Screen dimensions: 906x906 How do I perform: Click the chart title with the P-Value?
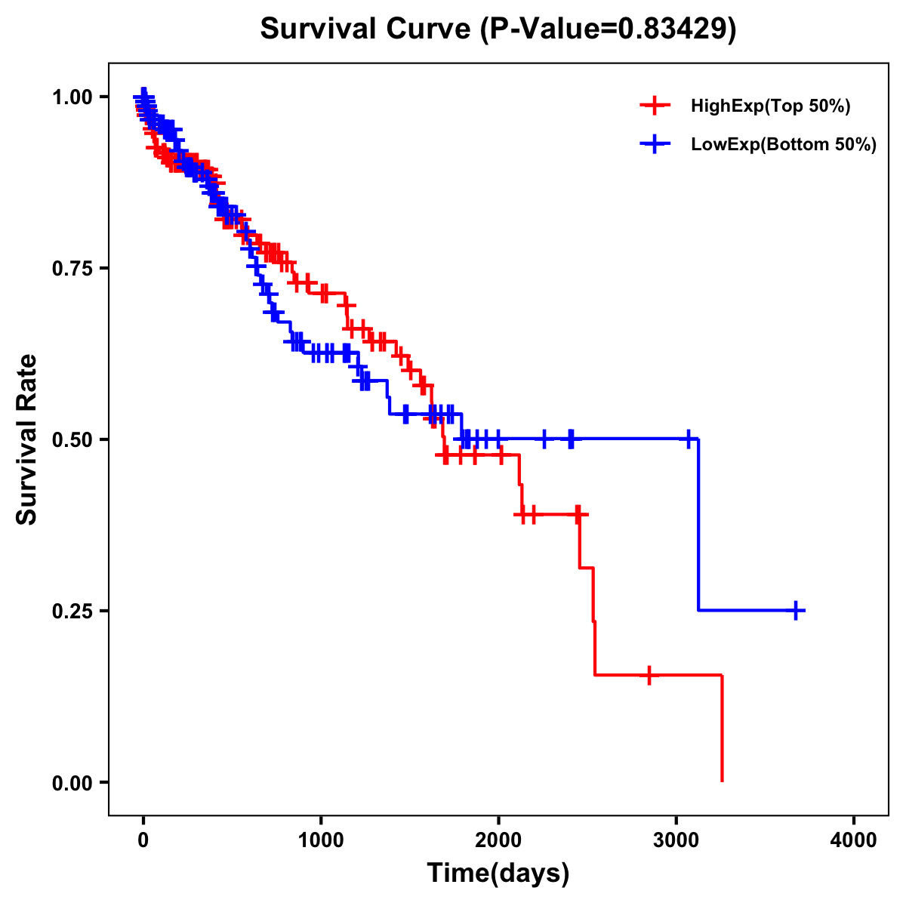pos(498,29)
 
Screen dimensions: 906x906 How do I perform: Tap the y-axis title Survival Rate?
pos(27,439)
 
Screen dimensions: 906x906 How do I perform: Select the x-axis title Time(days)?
pos(498,874)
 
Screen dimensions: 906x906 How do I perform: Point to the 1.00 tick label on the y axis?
pos(72,97)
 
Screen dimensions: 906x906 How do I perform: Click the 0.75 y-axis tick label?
pos(72,268)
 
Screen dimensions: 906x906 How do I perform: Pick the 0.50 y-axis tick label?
pos(72,439)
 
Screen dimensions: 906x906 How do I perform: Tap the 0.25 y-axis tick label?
pos(72,611)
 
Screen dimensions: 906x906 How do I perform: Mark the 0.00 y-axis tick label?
pos(72,782)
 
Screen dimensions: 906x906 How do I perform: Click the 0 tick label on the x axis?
pos(143,840)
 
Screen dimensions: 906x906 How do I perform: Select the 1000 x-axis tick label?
pos(321,840)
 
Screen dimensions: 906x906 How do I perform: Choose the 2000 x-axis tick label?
pos(498,840)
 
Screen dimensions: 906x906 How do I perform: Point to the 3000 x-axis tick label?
pos(676,840)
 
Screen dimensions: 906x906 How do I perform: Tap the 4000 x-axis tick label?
pos(854,840)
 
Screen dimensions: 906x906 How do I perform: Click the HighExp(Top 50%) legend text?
pos(770,106)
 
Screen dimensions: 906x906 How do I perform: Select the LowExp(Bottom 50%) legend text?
pos(784,144)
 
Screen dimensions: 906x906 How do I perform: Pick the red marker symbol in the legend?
pos(655,106)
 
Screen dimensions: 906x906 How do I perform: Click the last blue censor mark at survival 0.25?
pos(796,610)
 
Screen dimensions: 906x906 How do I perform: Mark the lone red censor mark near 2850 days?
pos(649,675)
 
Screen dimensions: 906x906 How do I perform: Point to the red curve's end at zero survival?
pos(722,780)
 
